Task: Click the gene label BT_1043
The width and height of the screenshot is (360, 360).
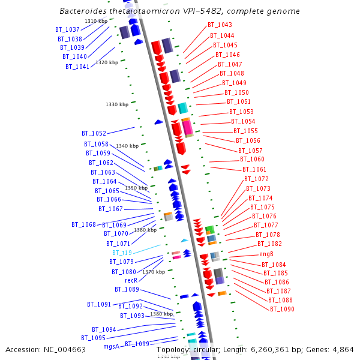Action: click(x=220, y=25)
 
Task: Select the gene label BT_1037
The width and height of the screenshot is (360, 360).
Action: click(x=67, y=29)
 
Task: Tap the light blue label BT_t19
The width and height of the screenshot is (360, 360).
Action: click(x=122, y=253)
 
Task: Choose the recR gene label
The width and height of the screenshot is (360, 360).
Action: click(x=131, y=280)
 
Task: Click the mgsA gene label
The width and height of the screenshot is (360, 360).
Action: click(x=112, y=346)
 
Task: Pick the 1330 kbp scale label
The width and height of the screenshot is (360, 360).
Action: click(x=117, y=104)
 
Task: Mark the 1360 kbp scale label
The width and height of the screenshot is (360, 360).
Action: click(x=145, y=230)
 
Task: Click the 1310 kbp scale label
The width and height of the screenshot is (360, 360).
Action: click(x=96, y=21)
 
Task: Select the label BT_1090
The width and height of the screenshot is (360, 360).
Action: click(x=282, y=309)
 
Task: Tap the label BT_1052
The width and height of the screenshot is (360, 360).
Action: click(x=94, y=133)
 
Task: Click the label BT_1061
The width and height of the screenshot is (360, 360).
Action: click(x=254, y=169)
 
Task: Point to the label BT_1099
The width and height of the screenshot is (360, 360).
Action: click(x=137, y=344)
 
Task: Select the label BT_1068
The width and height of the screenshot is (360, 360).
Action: click(x=84, y=224)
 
